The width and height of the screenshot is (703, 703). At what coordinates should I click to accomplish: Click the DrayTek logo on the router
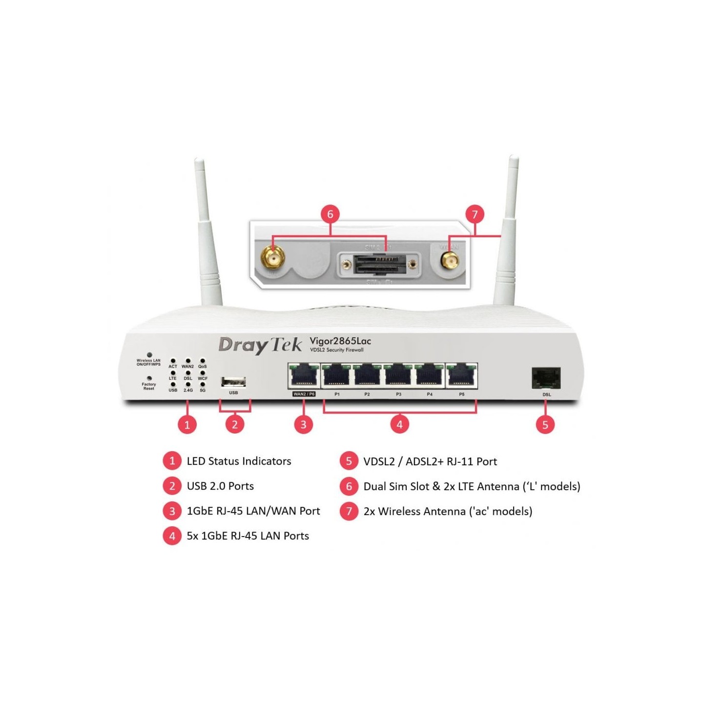point(260,345)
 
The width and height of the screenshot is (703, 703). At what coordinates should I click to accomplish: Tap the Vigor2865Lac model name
point(340,341)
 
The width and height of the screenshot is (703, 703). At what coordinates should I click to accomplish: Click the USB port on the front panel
point(233,382)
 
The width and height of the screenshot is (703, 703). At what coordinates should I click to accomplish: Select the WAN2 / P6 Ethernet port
point(304,376)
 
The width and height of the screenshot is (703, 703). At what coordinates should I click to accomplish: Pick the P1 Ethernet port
point(336,376)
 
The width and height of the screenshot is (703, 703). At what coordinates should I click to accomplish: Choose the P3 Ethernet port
point(398,376)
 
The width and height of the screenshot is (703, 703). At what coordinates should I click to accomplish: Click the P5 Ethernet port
point(461,376)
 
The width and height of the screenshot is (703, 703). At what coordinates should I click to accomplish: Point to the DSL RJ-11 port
point(546,378)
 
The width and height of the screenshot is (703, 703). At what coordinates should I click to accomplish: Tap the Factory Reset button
point(149,378)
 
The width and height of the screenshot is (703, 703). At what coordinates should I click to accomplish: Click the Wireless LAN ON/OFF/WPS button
point(149,355)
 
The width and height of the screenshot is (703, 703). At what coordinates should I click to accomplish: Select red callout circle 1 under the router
point(187,424)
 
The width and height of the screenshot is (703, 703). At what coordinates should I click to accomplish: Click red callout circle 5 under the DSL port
point(545,424)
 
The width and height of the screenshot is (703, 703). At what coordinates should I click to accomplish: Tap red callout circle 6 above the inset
point(330,214)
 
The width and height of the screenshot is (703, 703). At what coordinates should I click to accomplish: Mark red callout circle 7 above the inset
point(475,214)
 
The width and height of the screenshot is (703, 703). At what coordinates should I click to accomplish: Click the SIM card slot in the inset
point(379,264)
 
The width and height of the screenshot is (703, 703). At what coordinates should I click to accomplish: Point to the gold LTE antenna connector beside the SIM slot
point(272,257)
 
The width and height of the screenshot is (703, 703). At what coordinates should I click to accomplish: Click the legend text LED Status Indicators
point(239,461)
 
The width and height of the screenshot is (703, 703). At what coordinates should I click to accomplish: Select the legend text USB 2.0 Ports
point(220,486)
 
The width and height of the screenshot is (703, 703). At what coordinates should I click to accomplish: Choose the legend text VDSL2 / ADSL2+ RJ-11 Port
point(430,461)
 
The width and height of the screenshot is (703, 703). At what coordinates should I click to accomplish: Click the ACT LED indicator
point(173,361)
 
